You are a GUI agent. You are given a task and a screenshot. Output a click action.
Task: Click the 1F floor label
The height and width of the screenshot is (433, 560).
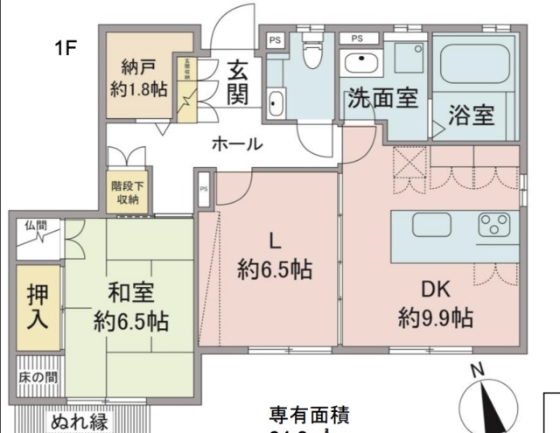click(66, 47)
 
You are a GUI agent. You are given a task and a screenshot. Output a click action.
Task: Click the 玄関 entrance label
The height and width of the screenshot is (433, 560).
click(236, 80)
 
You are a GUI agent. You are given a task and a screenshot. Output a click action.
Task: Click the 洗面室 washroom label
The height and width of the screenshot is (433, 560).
click(381, 99)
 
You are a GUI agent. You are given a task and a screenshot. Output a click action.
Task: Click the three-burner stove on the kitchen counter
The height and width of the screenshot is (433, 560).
click(498, 226)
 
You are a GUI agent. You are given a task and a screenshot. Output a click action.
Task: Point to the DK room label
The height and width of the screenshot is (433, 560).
click(436, 289)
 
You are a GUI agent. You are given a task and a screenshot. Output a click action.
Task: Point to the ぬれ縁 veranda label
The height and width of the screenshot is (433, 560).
click(79, 423)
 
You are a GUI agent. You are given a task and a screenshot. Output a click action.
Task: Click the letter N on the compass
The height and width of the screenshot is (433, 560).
click(478, 370)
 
